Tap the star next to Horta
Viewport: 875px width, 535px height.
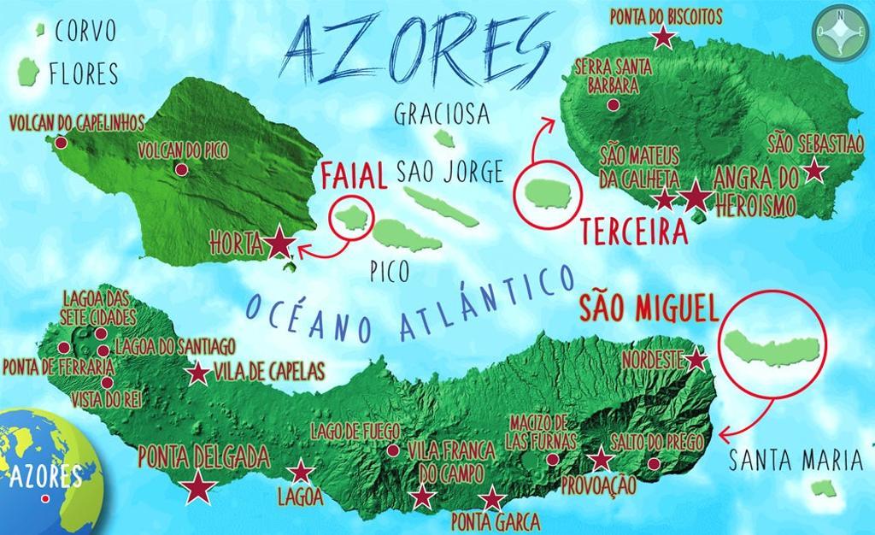point(279,244)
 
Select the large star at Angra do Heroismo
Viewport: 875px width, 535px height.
point(696,197)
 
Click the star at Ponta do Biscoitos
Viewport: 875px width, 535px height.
point(662,37)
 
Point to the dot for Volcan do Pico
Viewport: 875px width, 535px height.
point(181,169)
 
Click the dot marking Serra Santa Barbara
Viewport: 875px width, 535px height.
point(613,105)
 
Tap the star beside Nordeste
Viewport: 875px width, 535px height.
point(697,360)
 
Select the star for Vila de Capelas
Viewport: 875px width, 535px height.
point(198,373)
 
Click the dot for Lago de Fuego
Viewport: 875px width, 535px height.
point(392,450)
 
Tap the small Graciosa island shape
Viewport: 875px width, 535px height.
point(443,137)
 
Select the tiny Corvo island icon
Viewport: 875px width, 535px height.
point(40,31)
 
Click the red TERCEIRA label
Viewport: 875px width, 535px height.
point(634,232)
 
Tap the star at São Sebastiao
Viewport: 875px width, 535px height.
point(815,170)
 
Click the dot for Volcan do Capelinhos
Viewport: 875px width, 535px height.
point(62,142)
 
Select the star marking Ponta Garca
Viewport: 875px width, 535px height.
point(490,500)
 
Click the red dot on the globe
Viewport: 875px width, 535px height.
point(44,499)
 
